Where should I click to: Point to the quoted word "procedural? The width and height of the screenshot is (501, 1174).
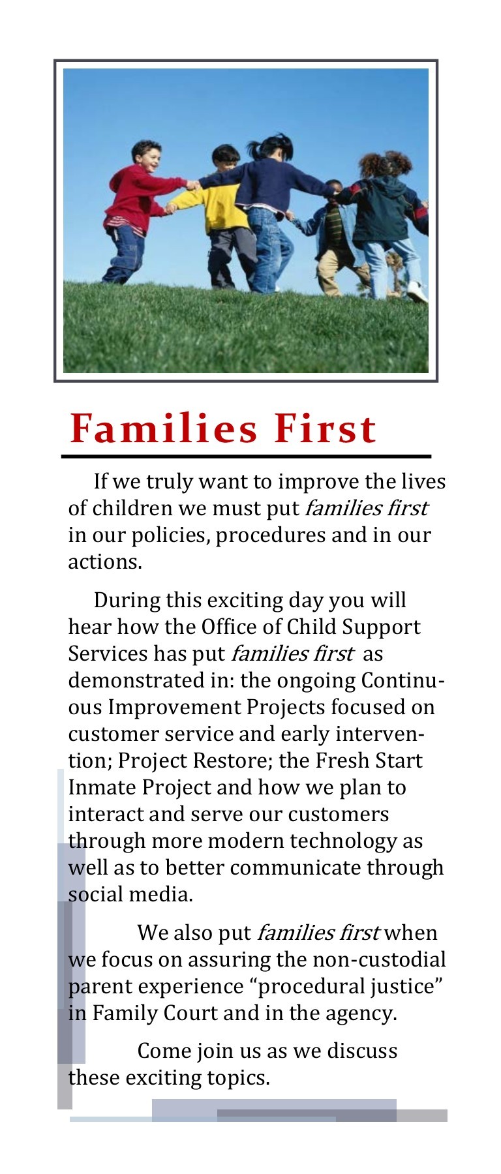[x=299, y=986]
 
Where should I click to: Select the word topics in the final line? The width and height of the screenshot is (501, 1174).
[x=238, y=1078]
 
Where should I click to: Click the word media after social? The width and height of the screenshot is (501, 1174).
[x=160, y=894]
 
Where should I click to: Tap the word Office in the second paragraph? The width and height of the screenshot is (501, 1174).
[x=226, y=627]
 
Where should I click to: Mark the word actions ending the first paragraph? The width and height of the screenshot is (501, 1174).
[x=105, y=562]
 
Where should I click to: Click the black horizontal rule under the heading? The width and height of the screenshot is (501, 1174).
[x=247, y=457]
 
